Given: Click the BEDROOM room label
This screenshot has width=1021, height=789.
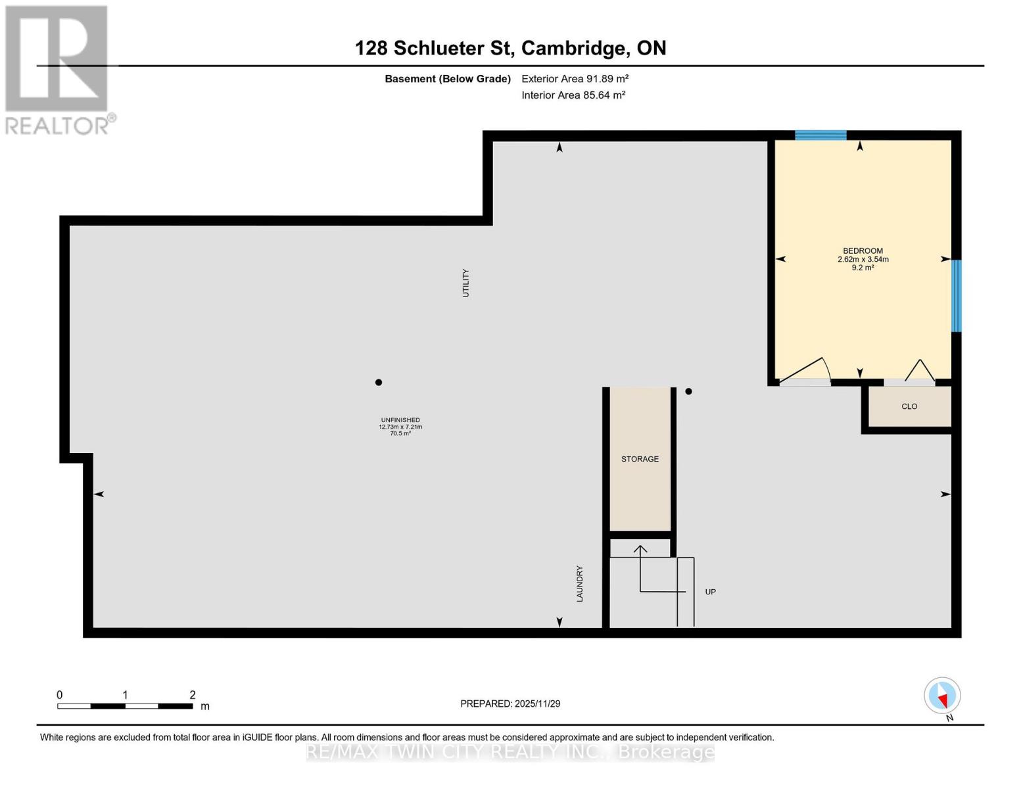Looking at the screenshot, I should coord(863,251).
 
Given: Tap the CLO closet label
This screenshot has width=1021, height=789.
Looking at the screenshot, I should coord(909,406).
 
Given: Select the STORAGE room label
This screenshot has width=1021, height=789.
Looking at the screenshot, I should coord(640,459).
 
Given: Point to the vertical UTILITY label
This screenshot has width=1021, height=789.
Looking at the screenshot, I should coord(465,283).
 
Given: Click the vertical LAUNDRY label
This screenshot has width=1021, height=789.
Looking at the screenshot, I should coord(580,583).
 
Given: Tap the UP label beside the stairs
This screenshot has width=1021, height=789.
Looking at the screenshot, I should coord(710,592).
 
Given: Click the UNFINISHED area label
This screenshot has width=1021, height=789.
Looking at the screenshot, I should coord(400,420).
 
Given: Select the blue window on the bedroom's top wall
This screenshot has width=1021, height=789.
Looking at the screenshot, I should coord(820,135).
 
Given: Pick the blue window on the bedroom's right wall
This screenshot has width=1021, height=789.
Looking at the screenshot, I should coord(957,296).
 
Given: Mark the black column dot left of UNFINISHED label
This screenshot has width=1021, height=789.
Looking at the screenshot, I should coord(379,382).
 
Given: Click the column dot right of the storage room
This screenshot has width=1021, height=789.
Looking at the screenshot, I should coord(688,391).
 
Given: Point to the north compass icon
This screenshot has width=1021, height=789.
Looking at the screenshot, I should coord(942,696).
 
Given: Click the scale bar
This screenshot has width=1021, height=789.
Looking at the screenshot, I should coord(125,706).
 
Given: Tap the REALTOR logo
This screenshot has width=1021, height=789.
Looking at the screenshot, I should coord(57,69).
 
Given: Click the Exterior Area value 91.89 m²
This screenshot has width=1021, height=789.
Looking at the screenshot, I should coord(608,78).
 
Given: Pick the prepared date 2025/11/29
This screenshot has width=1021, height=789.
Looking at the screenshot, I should coord(537,704).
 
